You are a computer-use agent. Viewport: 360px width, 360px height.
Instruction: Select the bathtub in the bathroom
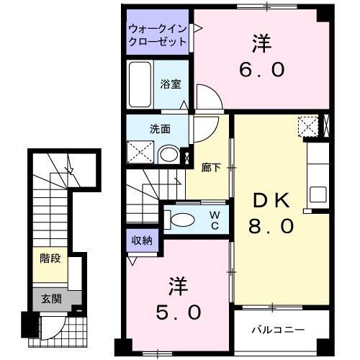click(140, 85)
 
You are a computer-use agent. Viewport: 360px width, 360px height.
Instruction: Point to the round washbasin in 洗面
click(168, 153)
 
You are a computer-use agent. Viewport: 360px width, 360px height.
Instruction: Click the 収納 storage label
click(141, 240)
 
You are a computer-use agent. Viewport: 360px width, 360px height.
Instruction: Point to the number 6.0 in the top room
click(263, 70)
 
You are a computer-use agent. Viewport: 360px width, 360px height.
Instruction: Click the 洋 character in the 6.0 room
click(261, 43)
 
